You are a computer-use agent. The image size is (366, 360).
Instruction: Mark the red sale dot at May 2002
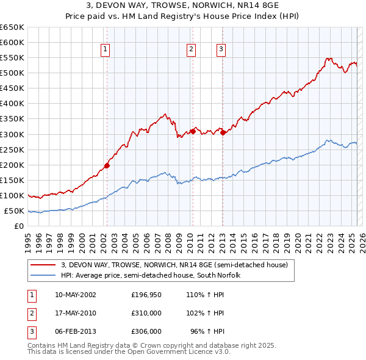pyautogui.click(x=107, y=165)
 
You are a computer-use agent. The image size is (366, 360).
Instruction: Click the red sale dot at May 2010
pyautogui.click(x=193, y=131)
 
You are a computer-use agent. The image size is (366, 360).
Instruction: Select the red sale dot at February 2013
pyautogui.click(x=223, y=132)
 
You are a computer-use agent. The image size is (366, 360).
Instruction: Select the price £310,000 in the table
pyautogui.click(x=146, y=313)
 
